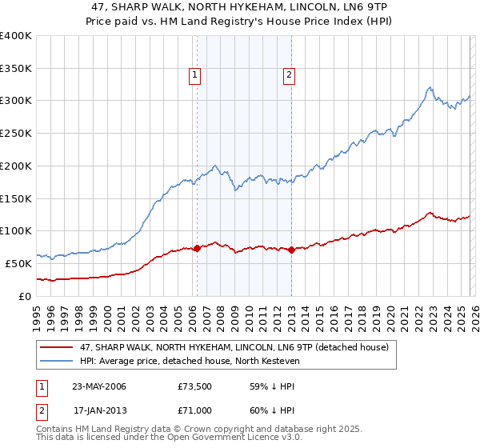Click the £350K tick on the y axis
click(16, 69)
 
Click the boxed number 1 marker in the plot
click(194, 76)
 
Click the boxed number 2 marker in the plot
click(288, 76)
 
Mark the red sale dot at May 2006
click(197, 248)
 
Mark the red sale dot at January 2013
click(291, 250)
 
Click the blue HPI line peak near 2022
click(430, 87)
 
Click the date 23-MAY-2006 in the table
click(99, 386)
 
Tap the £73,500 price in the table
click(195, 386)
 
